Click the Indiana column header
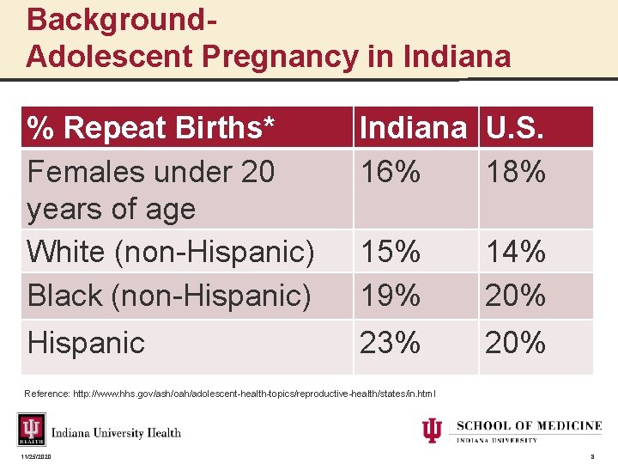[x=414, y=128]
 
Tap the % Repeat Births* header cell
[x=152, y=128]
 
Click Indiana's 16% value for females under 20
[x=391, y=173]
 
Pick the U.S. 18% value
[x=516, y=173]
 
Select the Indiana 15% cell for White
[x=391, y=252]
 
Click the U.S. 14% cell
[x=516, y=252]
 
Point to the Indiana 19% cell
[x=391, y=296]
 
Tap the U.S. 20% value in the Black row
[x=516, y=296]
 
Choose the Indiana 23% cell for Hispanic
[x=391, y=343]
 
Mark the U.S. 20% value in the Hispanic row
[x=516, y=343]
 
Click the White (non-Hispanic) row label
[x=171, y=252]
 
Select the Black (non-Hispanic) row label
[x=169, y=296]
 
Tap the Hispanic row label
[x=86, y=343]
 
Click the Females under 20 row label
[x=150, y=190]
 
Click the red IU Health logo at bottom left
[x=32, y=430]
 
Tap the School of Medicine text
[x=529, y=426]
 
